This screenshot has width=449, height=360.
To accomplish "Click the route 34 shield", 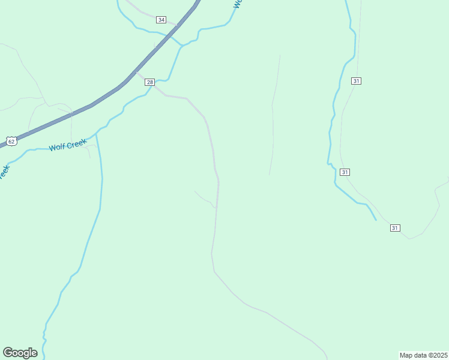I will pos(161,20).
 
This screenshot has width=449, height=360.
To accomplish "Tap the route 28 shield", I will pos(150,82).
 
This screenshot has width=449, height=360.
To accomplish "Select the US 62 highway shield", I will pos(10,141).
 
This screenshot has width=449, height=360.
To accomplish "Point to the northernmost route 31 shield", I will pos(357,81).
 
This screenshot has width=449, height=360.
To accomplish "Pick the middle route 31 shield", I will pos(345,172).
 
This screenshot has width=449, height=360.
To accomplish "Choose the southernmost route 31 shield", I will pos(394,228).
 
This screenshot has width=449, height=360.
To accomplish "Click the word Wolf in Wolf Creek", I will pos(58,146).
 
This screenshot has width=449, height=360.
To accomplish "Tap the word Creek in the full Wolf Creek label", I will pos(77,143).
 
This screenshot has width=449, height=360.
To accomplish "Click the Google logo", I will pos(20,353).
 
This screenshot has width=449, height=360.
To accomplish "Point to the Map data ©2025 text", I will pos(423,355).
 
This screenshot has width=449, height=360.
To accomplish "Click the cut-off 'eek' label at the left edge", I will pos(4,171).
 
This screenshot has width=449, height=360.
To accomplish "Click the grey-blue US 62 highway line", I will pos(108,96).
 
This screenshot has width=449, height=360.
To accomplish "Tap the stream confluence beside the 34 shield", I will pos(182,45).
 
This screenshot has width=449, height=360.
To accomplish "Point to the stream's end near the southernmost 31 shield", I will pos(376,220).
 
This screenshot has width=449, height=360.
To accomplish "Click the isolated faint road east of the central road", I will pos(273,114).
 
